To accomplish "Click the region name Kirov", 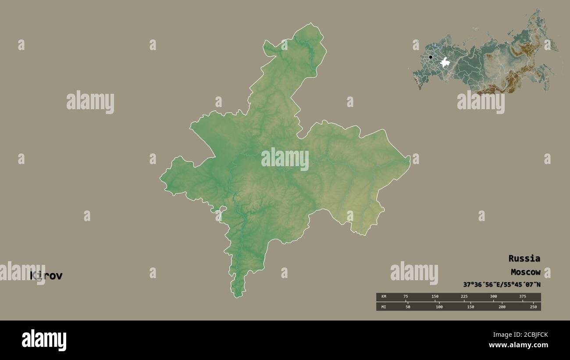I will pos(46,276).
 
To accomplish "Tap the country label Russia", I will pos(524,258).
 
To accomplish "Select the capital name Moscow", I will pos(525,272).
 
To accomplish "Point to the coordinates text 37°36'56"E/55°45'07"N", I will pos(502,285).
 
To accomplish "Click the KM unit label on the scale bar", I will pos(384,296).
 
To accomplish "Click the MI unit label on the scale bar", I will pos(384,307).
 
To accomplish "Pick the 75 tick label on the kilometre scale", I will pos(406,296).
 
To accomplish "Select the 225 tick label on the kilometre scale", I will pos(464,296).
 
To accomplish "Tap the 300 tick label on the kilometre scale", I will pos(493,296).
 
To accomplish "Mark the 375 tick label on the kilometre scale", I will pos(523,296).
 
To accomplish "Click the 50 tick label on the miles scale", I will pos(408,307).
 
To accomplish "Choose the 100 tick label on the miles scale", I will pos(439,307).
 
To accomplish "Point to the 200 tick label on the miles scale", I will pos(502,307).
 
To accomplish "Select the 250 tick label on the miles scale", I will pos(533,307).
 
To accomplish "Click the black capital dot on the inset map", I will pos(431,57).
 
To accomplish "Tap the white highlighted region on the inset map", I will pos(446,62).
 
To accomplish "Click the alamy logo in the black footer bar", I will pos(44,340).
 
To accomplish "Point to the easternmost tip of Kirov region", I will pos(410,158).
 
